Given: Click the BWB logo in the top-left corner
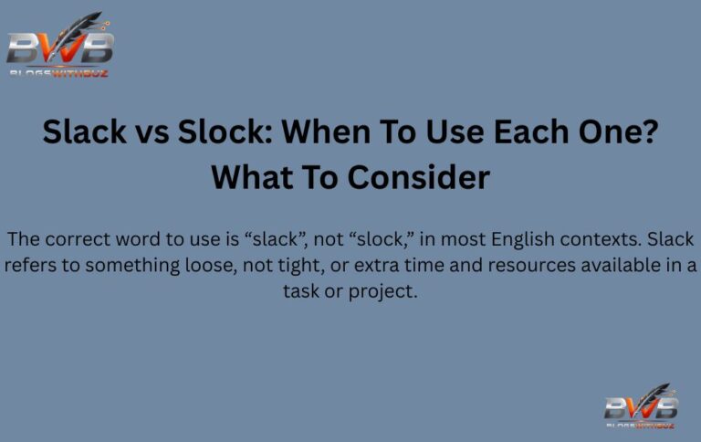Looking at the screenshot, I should click(x=60, y=46).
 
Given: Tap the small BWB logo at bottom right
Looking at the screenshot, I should click(x=641, y=406).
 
